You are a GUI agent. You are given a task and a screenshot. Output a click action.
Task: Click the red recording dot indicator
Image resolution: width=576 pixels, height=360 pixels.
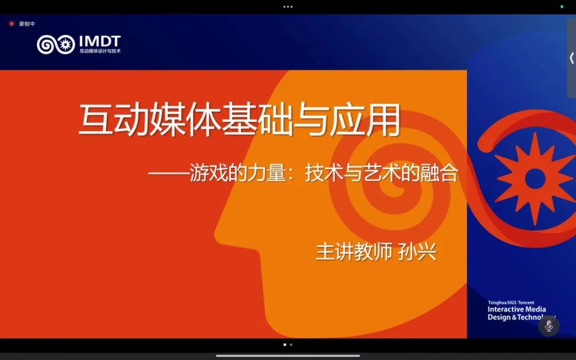[x=11, y=24]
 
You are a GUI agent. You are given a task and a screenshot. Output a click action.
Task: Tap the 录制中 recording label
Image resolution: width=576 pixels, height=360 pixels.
[x=27, y=24]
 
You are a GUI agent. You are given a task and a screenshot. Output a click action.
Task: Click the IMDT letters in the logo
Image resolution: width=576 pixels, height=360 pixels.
[x=100, y=42]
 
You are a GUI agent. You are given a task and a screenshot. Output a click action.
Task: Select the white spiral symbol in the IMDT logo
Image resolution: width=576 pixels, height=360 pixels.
[x=46, y=44]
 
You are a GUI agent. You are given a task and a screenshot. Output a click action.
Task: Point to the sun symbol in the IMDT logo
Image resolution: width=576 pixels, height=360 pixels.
[x=66, y=44]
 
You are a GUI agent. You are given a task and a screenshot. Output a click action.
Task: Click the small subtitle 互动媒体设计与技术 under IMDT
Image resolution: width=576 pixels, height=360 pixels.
[x=100, y=51]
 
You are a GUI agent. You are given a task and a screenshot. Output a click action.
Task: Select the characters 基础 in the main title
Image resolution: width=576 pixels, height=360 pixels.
[x=257, y=120]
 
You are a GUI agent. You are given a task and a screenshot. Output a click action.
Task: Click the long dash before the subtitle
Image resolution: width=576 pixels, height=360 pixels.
[x=169, y=173]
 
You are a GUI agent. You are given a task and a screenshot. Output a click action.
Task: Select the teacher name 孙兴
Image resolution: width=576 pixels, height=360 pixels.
[x=418, y=252]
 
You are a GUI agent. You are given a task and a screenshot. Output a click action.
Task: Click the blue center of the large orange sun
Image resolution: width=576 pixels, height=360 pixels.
[x=535, y=179]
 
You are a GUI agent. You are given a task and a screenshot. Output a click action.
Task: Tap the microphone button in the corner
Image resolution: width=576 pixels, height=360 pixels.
[x=549, y=325]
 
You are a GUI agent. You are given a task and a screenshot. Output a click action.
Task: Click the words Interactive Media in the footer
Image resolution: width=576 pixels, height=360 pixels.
[x=516, y=309]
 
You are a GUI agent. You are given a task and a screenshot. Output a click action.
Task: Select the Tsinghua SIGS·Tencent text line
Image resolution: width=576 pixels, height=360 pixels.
[x=511, y=303]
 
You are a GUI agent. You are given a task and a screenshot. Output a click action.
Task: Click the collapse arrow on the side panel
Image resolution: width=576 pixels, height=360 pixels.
[x=572, y=58]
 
